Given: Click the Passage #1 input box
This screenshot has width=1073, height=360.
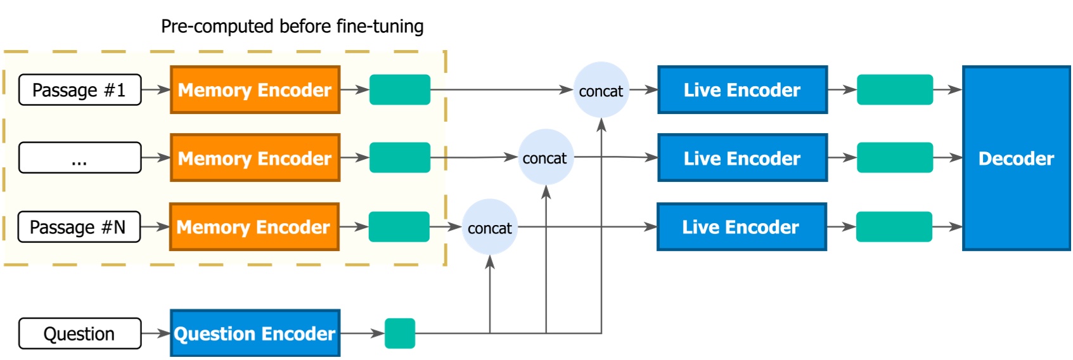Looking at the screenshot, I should (x=80, y=90).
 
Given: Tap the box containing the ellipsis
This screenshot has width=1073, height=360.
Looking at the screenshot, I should (x=80, y=158).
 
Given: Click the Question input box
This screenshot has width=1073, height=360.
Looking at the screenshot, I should (x=80, y=333).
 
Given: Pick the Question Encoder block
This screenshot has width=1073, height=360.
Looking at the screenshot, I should (x=255, y=333).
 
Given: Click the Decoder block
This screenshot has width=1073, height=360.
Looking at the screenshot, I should (x=1016, y=158).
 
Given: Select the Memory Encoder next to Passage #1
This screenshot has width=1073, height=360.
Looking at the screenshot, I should (x=255, y=90).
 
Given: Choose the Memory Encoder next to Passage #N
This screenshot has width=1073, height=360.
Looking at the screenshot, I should (x=254, y=227).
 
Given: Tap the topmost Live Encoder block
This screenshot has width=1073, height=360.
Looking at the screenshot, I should (x=742, y=90).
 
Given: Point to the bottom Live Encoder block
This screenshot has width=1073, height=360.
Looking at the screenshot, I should (x=742, y=227).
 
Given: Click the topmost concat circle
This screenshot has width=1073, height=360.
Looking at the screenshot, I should (x=601, y=90).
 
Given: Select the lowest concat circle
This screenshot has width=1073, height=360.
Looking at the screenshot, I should (x=490, y=227).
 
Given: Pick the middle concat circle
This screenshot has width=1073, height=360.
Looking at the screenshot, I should (x=546, y=157).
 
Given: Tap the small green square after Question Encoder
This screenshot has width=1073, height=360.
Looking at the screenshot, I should (x=400, y=333).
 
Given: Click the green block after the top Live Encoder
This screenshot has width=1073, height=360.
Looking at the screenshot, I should (x=894, y=90).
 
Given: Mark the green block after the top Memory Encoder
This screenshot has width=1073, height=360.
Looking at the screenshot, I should (x=400, y=90).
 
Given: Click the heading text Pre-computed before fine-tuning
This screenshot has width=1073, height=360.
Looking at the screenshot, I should (x=292, y=27).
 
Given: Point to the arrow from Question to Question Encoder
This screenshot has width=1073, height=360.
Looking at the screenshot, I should (x=155, y=333).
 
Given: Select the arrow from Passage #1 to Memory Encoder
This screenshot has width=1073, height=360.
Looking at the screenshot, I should (x=155, y=90).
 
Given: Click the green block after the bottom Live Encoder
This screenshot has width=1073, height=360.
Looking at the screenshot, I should (x=894, y=227).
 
